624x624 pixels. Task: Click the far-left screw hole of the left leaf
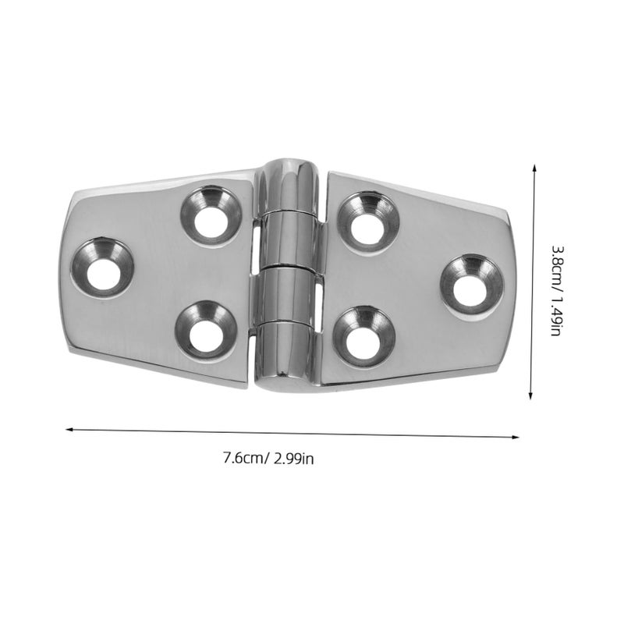click(x=102, y=268)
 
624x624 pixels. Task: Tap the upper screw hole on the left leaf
click(x=211, y=216)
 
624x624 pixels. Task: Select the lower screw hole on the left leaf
click(x=206, y=330)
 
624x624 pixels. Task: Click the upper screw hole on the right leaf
click(x=368, y=223)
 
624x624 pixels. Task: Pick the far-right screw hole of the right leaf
click(x=472, y=285)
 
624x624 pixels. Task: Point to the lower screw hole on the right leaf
click(x=364, y=337)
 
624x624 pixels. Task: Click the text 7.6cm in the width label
click(x=246, y=458)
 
